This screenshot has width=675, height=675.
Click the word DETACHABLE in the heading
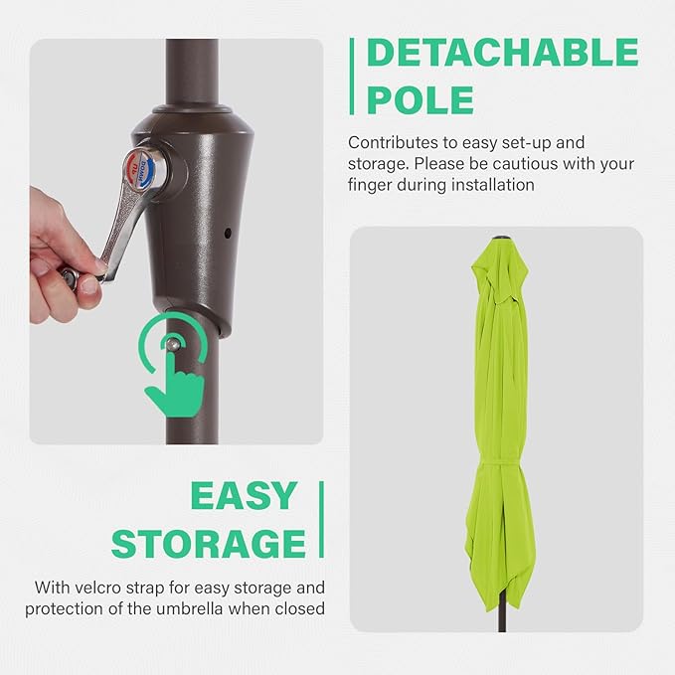click(x=503, y=54)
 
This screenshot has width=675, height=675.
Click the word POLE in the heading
click(x=421, y=99)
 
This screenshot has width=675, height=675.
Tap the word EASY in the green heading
click(x=244, y=495)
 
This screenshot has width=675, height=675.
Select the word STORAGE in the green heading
click(x=209, y=543)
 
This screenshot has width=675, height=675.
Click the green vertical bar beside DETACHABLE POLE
click(x=352, y=76)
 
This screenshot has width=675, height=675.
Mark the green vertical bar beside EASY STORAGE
click(x=321, y=519)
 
